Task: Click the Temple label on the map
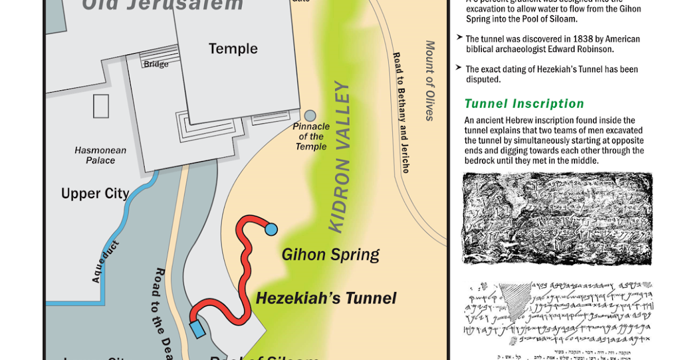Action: click(233, 49)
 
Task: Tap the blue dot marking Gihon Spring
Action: click(271, 229)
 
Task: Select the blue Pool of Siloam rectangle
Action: click(198, 329)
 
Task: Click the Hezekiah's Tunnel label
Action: click(326, 298)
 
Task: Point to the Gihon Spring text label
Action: click(330, 254)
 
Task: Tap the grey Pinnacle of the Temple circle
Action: click(310, 116)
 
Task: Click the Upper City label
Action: click(95, 193)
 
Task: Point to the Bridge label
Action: click(156, 65)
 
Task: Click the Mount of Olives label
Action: click(430, 81)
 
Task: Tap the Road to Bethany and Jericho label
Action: click(400, 113)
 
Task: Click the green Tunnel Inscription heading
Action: click(524, 104)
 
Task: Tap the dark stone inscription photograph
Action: click(557, 219)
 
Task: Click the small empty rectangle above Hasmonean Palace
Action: click(101, 106)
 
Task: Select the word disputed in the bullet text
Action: click(484, 79)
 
